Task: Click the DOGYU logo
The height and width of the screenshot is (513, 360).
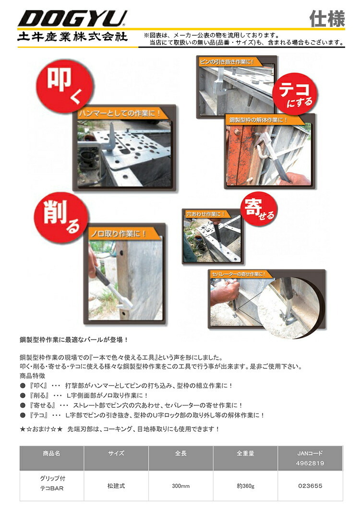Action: pos(72,18)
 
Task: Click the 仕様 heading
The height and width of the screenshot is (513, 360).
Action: pos(327,18)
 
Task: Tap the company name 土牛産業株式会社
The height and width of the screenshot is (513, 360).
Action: pos(72,36)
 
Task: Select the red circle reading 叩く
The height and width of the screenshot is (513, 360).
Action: pos(64,85)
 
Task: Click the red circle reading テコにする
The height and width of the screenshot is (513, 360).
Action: pos(295,93)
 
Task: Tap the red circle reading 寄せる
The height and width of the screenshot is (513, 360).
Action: pos(259,208)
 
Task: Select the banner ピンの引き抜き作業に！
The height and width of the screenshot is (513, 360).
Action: pos(226,61)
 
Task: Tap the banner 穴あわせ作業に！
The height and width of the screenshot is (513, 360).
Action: pos(205,214)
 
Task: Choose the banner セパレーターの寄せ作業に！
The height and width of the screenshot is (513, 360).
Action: pos(239,274)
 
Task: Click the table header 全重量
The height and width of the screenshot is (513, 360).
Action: pos(245,453)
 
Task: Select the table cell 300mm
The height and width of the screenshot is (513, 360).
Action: pos(181,486)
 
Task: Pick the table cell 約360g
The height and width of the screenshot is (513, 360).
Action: pos(246,486)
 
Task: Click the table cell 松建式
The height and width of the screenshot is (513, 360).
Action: pos(116,486)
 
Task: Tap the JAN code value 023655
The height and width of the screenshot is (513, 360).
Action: pos(310,486)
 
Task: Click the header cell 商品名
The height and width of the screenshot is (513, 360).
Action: pos(51,453)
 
